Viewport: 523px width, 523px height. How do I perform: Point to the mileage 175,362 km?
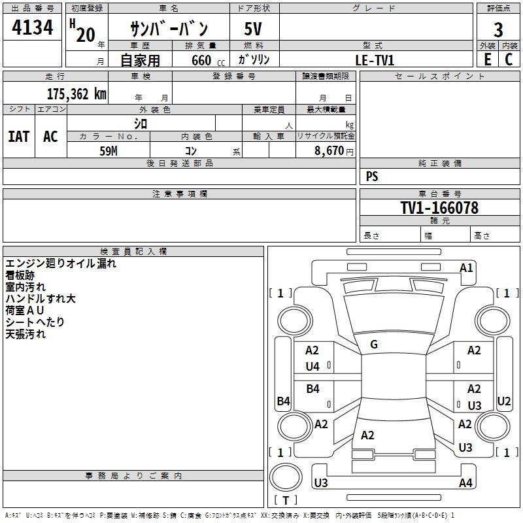point(76,94)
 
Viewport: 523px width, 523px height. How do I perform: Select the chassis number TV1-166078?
point(439,208)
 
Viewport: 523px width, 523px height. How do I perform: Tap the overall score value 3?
point(498,29)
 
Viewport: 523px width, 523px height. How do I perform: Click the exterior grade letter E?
point(487,59)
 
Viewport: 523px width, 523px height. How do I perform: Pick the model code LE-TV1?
point(375,59)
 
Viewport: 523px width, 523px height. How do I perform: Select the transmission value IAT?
point(18,136)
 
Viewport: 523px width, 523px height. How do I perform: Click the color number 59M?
point(109,150)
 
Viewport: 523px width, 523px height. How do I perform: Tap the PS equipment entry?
point(372,177)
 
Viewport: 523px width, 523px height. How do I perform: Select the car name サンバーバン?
point(169,29)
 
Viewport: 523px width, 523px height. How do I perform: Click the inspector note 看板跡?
point(20,275)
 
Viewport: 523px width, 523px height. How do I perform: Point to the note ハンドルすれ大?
point(41,299)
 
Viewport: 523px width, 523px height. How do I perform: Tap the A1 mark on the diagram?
point(466,268)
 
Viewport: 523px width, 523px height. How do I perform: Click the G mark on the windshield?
point(374,345)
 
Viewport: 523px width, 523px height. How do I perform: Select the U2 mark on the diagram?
point(504,401)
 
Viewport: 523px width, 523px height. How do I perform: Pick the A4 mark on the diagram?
point(465,483)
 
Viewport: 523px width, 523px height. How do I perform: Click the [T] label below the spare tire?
point(286,500)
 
